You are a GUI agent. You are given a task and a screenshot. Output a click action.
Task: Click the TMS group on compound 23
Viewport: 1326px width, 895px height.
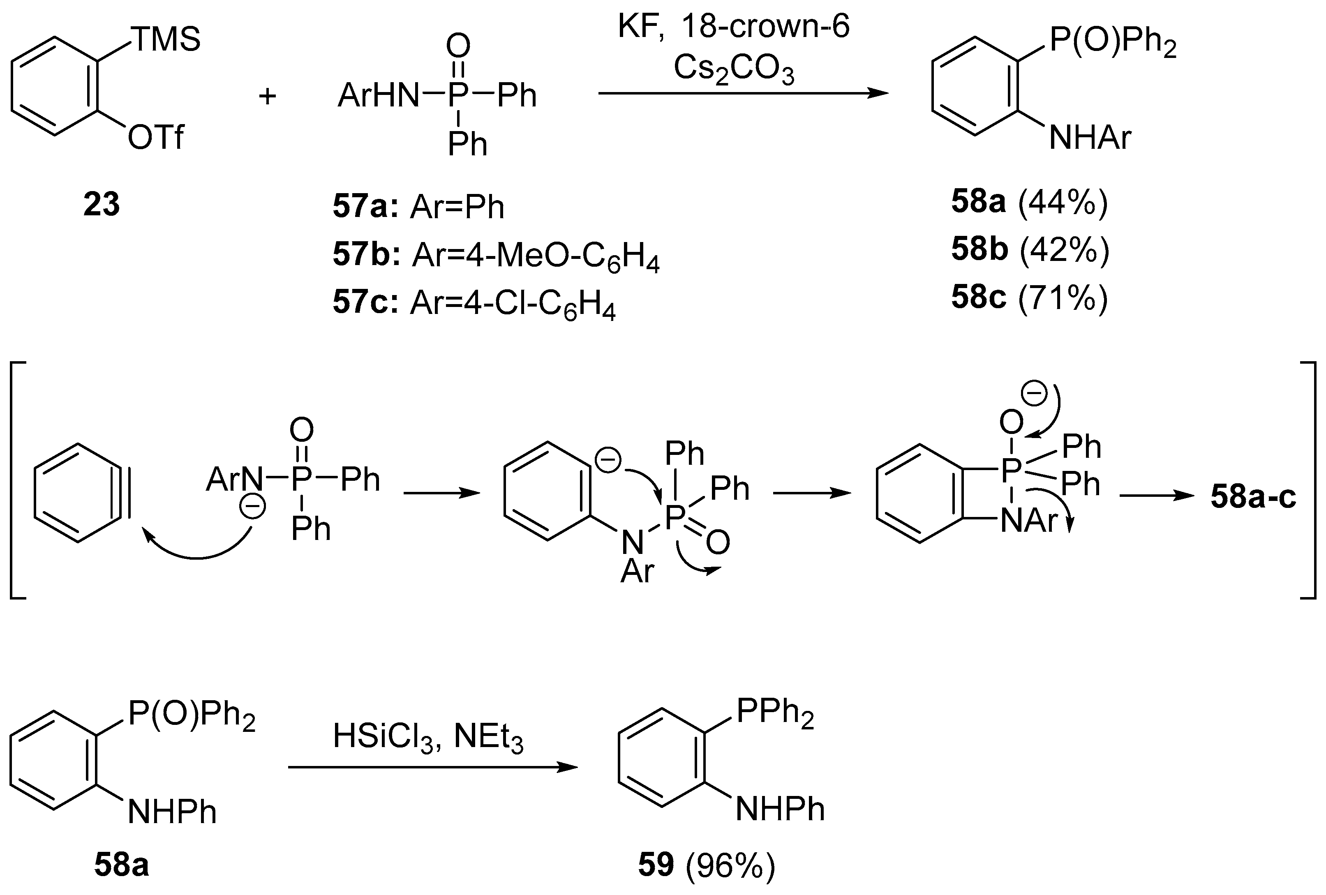pos(166,40)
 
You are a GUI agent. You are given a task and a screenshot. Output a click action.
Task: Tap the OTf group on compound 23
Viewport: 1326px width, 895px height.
pos(155,138)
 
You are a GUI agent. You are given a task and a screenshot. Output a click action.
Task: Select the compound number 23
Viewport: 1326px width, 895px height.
pos(102,204)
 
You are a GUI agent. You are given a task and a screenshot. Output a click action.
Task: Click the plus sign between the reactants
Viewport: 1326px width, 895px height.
pos(267,96)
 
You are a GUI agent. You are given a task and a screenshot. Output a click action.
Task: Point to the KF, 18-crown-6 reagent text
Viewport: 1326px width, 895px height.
pos(734,26)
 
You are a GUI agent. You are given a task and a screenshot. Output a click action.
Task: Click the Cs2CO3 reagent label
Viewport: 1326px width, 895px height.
pos(734,69)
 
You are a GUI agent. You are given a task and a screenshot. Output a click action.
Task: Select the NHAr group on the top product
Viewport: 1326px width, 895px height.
pos(1090,138)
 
